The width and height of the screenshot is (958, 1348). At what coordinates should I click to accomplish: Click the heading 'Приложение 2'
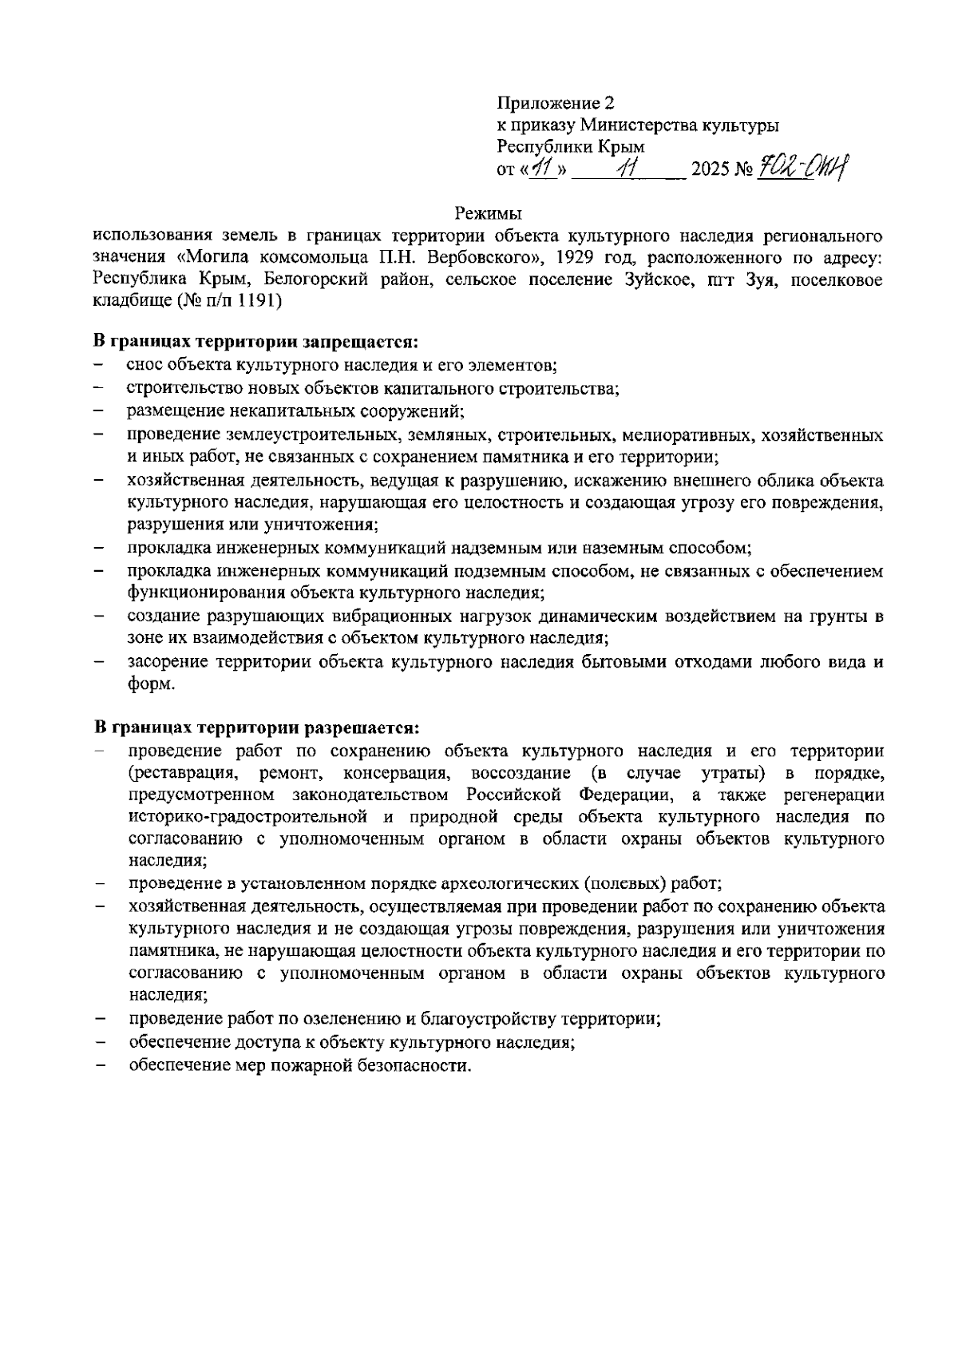556,104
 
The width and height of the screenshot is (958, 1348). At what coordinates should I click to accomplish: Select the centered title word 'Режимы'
488,214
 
